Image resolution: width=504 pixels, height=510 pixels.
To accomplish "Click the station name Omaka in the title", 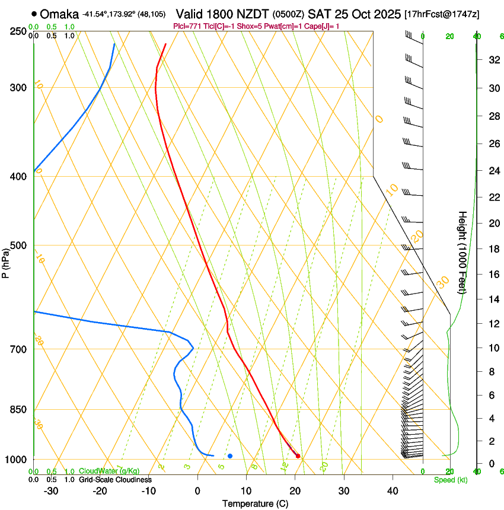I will coord(60,14).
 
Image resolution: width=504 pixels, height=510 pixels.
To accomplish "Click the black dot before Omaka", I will coord(34,14).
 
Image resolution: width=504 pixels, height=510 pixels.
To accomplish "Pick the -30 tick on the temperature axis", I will coord(51,491).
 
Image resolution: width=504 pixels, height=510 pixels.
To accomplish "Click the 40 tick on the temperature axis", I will coord(392,491).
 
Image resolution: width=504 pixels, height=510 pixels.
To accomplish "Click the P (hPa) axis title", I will coord(5,261).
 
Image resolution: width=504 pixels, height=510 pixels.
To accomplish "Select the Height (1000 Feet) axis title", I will coord(462,252).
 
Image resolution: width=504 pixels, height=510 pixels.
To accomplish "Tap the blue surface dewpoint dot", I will coord(230,455).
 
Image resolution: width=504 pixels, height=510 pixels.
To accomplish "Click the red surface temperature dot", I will coord(298,456).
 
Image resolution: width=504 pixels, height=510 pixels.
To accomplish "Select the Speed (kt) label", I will coord(450,480).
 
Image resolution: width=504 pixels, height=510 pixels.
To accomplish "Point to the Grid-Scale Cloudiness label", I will coord(115,479).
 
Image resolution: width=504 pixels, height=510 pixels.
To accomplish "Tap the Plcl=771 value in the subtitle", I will coord(187,27).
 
